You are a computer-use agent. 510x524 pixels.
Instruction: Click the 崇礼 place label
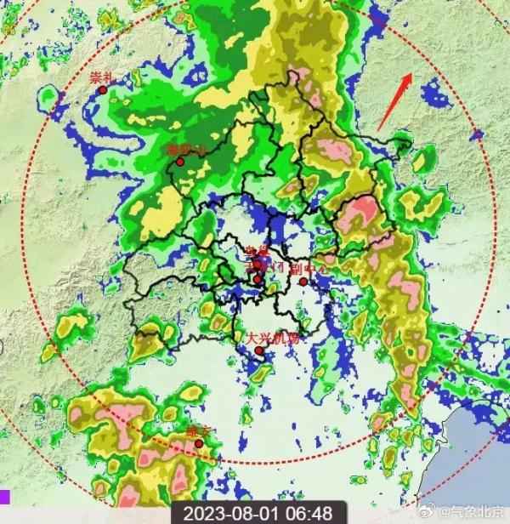(x=101, y=77)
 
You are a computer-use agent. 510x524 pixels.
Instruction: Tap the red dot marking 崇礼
(x=104, y=89)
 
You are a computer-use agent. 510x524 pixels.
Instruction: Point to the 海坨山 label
(x=186, y=150)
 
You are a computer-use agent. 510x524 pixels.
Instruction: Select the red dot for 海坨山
(x=180, y=162)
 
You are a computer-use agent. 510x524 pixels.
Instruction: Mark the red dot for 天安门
(x=257, y=278)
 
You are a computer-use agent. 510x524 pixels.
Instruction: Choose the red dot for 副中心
(x=303, y=282)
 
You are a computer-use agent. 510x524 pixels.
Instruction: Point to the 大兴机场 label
(x=273, y=338)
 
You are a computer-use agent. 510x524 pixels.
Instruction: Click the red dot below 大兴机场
(x=259, y=350)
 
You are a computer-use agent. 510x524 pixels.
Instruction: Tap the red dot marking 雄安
(x=199, y=443)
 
